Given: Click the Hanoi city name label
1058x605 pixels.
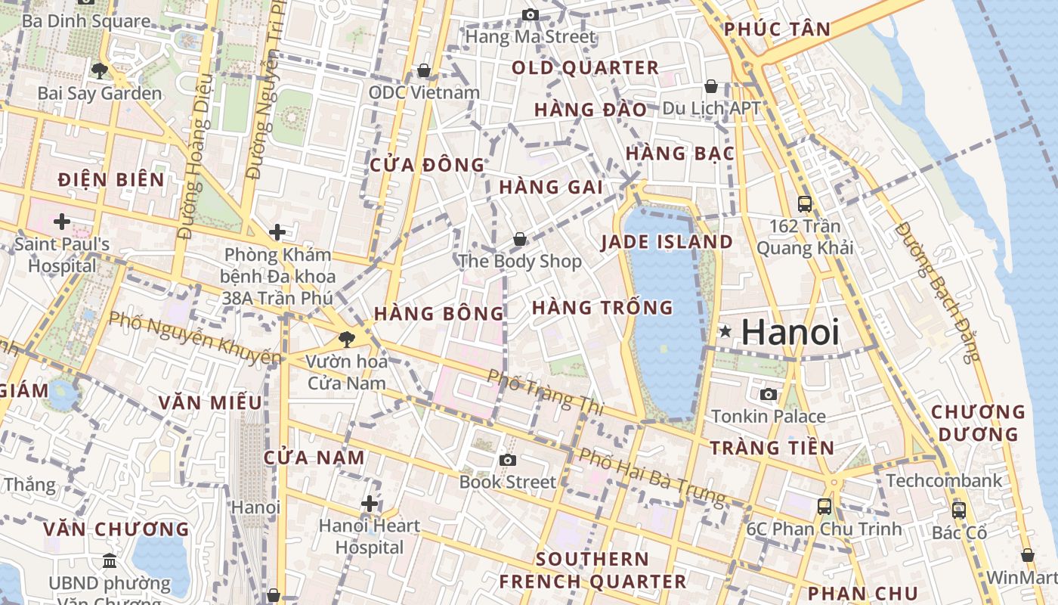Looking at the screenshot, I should [x=790, y=332].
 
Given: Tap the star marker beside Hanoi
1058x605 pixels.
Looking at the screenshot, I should [x=725, y=330].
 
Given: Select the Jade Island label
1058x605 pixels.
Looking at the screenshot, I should [x=667, y=242].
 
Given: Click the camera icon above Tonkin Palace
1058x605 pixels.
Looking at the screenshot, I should [x=769, y=394].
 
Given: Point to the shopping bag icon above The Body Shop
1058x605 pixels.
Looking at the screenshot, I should [x=520, y=239].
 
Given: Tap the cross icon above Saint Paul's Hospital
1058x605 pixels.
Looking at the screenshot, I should [x=62, y=222].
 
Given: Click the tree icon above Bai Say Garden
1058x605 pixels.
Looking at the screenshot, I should [x=99, y=71].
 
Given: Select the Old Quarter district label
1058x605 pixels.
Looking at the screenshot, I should [x=585, y=68].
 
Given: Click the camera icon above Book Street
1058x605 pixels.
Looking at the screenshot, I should [x=508, y=460].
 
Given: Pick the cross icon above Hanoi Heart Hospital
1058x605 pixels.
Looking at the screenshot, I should [x=369, y=503].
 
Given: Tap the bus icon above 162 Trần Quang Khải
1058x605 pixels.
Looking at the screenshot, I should [x=805, y=203].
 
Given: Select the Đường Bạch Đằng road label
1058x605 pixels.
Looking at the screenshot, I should [x=936, y=291].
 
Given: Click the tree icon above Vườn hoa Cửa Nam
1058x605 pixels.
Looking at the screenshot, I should [x=347, y=339].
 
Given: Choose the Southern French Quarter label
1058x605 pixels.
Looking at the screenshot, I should [x=592, y=570].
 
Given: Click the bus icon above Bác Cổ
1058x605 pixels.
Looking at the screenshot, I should [x=959, y=510].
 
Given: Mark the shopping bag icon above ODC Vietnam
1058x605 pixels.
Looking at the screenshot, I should [x=424, y=70].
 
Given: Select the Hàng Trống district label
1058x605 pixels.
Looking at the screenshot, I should [x=602, y=308].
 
